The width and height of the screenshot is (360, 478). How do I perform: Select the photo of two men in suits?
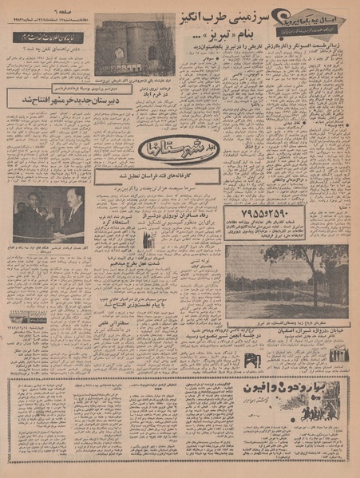tap(49, 214)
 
